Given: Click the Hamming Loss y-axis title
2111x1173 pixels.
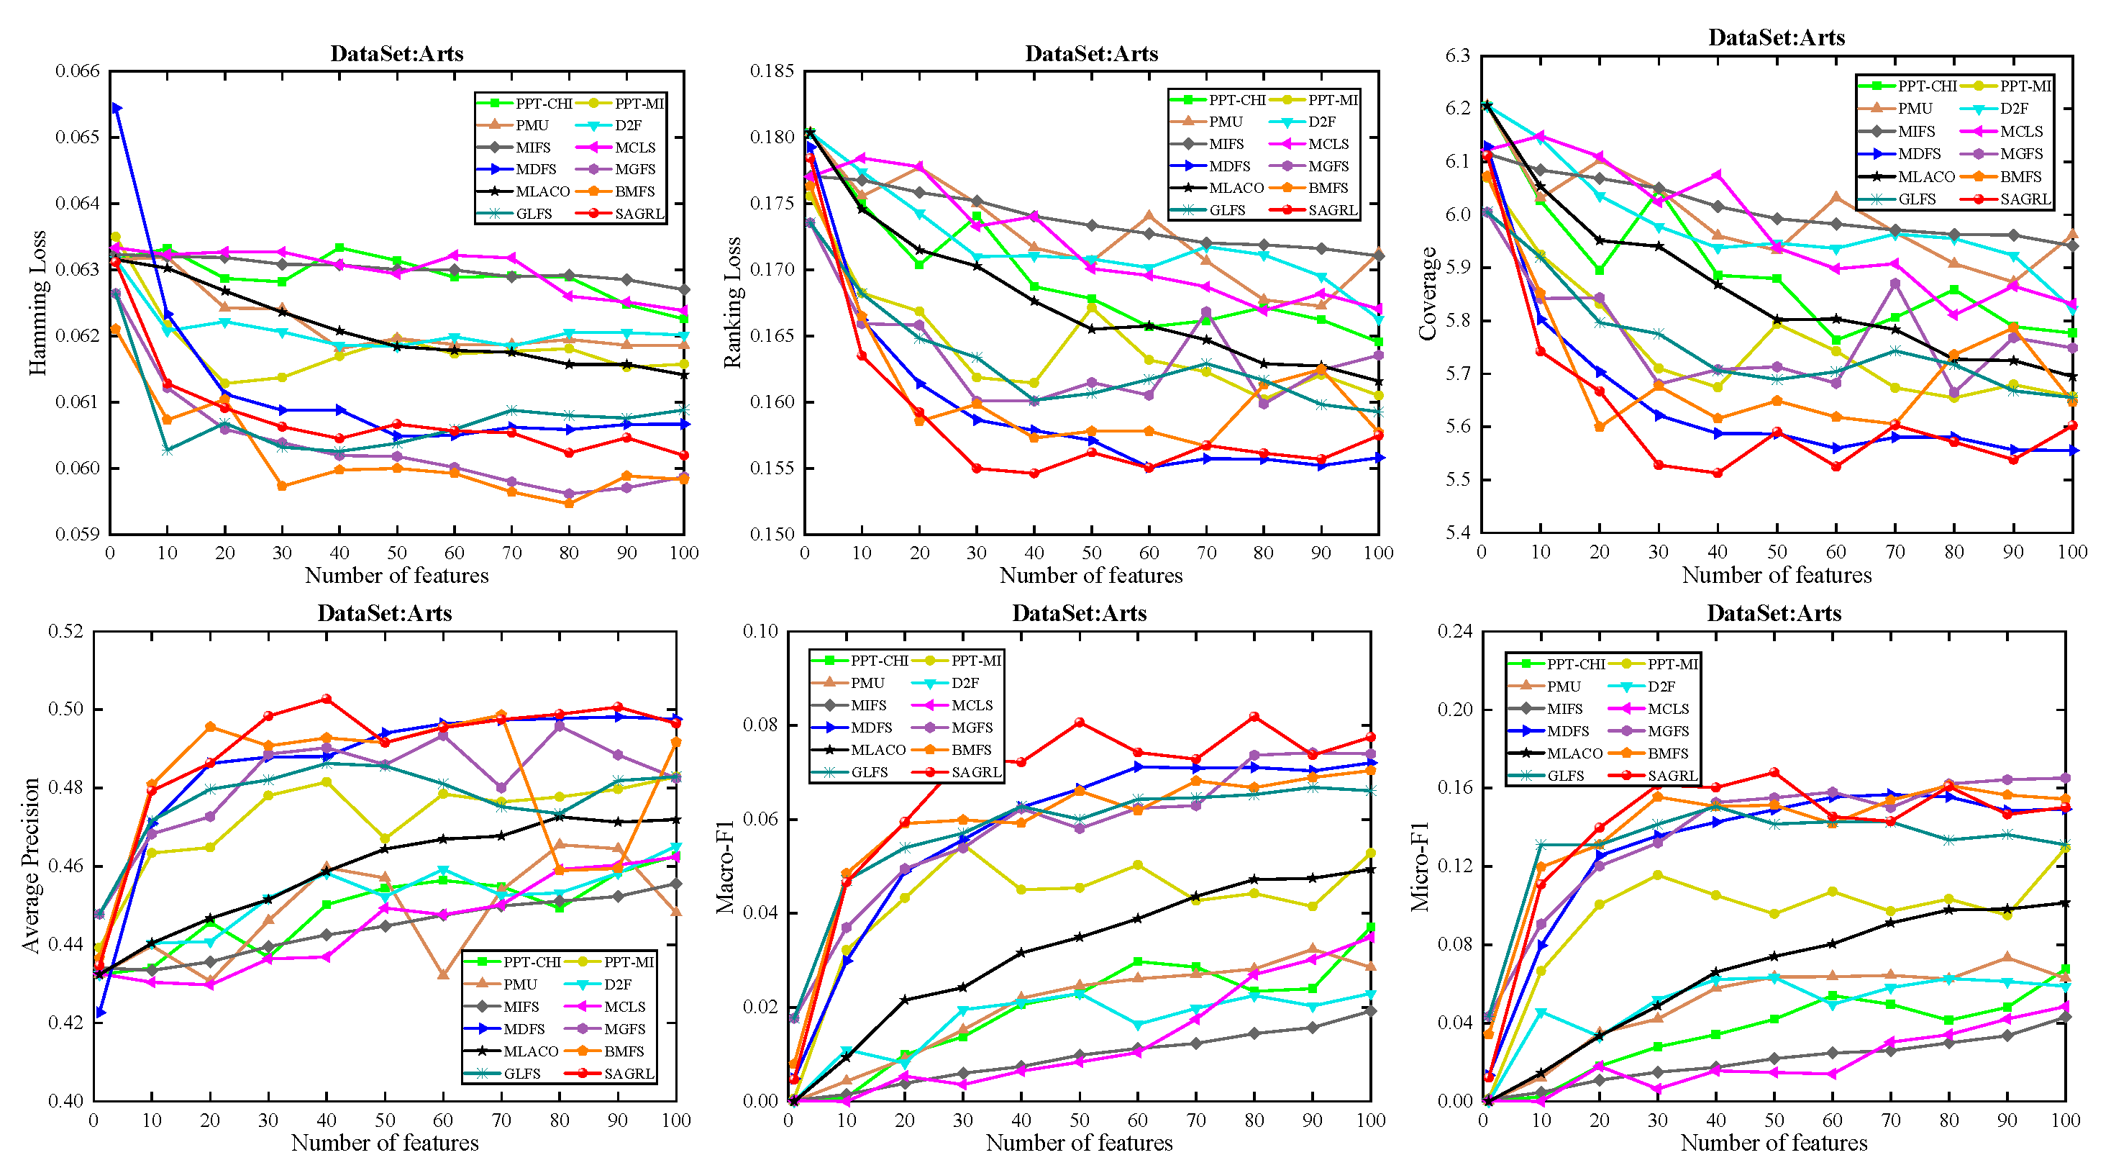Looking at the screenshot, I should tap(37, 302).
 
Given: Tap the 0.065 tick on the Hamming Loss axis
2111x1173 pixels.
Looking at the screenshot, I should tap(77, 137).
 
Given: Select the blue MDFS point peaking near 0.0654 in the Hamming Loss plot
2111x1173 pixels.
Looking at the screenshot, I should tap(117, 108).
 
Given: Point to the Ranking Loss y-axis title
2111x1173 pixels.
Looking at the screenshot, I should tap(731, 302).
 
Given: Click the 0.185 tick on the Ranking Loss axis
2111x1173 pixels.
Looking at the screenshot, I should tap(772, 71).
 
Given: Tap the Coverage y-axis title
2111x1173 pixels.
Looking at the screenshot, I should tap(1428, 294).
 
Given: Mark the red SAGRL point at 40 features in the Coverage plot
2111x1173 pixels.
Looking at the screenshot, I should tap(1718, 473).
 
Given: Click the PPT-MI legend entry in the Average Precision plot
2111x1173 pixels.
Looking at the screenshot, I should tap(629, 961).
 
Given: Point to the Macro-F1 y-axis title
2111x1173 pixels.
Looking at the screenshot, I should tap(724, 866).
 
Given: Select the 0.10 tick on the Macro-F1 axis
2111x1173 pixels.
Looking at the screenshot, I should tap(760, 631).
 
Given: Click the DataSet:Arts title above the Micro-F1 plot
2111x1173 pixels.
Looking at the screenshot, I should tap(1774, 613).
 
